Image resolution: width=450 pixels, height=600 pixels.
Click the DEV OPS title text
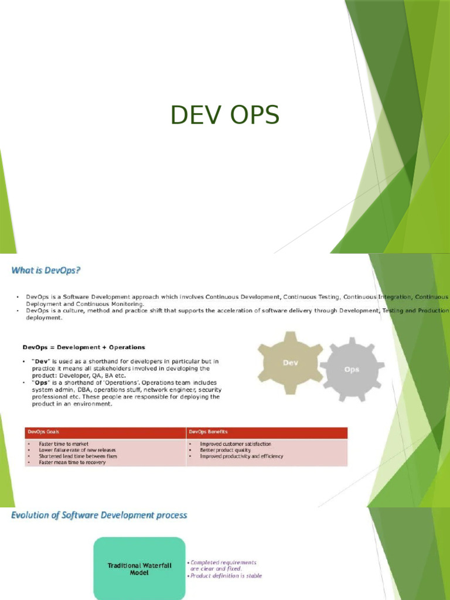[224, 115]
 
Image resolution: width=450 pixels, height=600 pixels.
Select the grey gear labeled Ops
[352, 370]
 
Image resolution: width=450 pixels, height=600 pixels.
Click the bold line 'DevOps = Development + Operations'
[83, 347]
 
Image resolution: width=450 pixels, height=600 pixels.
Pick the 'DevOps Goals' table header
[41, 432]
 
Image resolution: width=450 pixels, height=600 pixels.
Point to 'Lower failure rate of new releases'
[77, 450]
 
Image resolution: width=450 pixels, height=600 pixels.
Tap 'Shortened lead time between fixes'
[78, 456]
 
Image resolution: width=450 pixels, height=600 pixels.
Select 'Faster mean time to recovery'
[72, 462]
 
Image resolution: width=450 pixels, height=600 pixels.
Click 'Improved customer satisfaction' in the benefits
[236, 444]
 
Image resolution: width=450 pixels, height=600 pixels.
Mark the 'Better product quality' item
[225, 450]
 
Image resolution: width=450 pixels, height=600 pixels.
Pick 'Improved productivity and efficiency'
[241, 456]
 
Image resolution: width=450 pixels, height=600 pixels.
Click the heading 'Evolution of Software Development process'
[99, 516]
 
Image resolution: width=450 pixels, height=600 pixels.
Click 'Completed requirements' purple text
[223, 562]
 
